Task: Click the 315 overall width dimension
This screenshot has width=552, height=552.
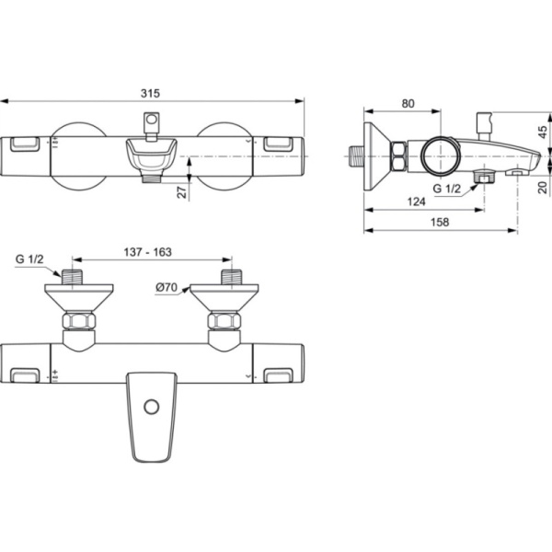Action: (150, 93)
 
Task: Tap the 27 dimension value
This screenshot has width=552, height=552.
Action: (181, 192)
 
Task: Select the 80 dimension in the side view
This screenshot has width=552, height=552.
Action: (408, 103)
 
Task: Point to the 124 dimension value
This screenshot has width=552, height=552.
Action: (417, 201)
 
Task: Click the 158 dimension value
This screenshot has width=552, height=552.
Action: (440, 222)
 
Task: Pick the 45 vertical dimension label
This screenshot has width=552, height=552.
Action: (543, 132)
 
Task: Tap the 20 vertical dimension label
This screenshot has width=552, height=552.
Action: (543, 187)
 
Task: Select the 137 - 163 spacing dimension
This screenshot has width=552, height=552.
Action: (148, 252)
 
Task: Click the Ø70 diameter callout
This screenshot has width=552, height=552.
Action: (167, 288)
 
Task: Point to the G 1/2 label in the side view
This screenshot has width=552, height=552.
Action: (447, 189)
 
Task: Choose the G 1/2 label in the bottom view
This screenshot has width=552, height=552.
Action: (29, 259)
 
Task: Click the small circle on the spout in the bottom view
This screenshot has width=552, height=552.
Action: (152, 407)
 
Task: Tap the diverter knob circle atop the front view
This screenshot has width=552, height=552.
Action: (152, 119)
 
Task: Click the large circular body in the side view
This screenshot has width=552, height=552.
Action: (441, 155)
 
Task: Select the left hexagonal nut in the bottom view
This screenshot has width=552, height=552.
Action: (78, 321)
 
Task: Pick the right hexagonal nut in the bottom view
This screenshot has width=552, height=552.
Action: (224, 321)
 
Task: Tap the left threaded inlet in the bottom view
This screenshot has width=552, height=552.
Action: (72, 277)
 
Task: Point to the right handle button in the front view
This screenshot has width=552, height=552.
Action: (278, 144)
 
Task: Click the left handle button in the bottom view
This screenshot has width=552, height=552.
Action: (25, 375)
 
